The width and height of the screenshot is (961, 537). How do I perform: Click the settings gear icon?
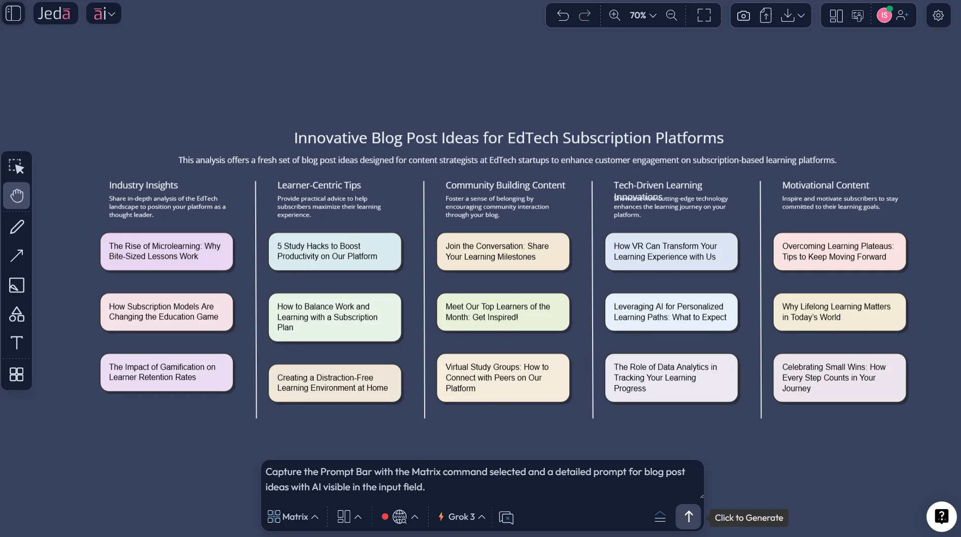pos(938,15)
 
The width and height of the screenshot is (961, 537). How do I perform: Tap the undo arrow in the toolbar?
pos(563,15)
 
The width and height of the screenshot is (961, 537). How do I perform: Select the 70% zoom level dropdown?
pos(642,15)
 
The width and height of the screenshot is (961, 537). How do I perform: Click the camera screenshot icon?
pos(743,16)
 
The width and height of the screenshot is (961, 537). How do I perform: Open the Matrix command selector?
pos(293,517)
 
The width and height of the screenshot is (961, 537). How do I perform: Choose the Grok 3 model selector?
pos(461,517)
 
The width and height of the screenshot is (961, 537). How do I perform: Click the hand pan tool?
pos(17,195)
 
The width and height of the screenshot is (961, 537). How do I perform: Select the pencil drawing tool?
pos(17,226)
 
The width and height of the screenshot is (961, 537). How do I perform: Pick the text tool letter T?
pos(17,343)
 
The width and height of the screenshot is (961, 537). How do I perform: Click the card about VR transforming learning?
pos(671,251)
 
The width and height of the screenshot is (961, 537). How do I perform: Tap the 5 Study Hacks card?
pos(334,251)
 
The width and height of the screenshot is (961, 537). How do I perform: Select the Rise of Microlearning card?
pos(166,251)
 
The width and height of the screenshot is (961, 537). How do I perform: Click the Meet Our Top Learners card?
pos(503,312)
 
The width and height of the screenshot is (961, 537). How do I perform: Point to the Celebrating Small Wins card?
pos(839,378)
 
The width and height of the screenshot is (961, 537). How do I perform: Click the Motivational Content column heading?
pos(825,185)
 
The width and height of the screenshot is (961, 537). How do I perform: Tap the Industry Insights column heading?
pos(143,185)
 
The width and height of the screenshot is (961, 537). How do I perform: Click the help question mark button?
pos(941,516)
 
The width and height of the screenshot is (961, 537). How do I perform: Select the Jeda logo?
pos(55,13)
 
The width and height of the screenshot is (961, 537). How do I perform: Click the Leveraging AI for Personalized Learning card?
pos(671,312)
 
